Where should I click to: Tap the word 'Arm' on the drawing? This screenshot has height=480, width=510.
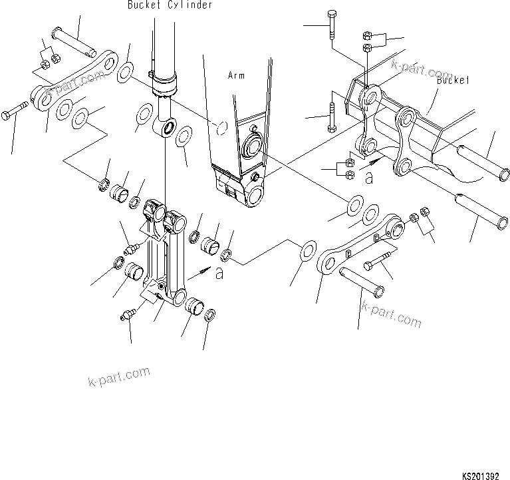click(236, 76)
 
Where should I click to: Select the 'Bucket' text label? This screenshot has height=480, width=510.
click(454, 80)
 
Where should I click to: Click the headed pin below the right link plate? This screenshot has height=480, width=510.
click(360, 280)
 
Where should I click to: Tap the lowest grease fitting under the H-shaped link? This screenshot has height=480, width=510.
click(128, 312)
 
